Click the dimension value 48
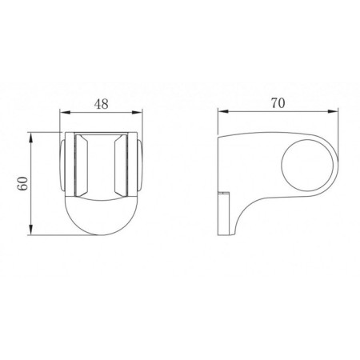[x=102, y=104]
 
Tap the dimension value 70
[x=278, y=103]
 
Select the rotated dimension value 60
[x=23, y=183]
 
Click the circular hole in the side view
[x=307, y=166]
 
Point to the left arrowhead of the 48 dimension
[x=65, y=112]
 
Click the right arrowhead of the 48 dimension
[x=137, y=112]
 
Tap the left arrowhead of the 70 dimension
[x=223, y=111]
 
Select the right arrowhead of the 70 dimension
[x=333, y=111]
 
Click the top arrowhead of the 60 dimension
[x=31, y=138]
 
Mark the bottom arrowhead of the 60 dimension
[x=31, y=230]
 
